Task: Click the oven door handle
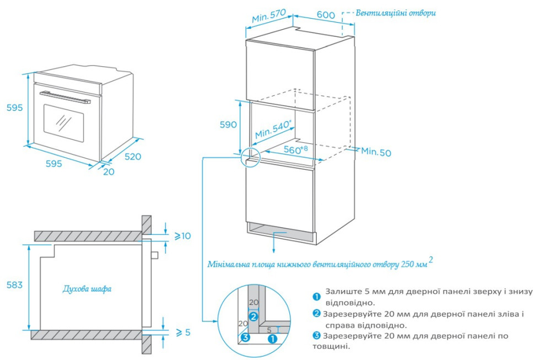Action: [x=64, y=97]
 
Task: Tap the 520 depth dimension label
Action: [x=132, y=157]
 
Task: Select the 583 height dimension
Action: [x=14, y=285]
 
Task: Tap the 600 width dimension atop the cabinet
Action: [x=326, y=15]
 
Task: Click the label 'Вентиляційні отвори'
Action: [x=396, y=13]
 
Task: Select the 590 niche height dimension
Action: [x=228, y=125]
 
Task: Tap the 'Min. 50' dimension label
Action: [x=376, y=152]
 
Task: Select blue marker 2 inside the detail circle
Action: [x=253, y=316]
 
